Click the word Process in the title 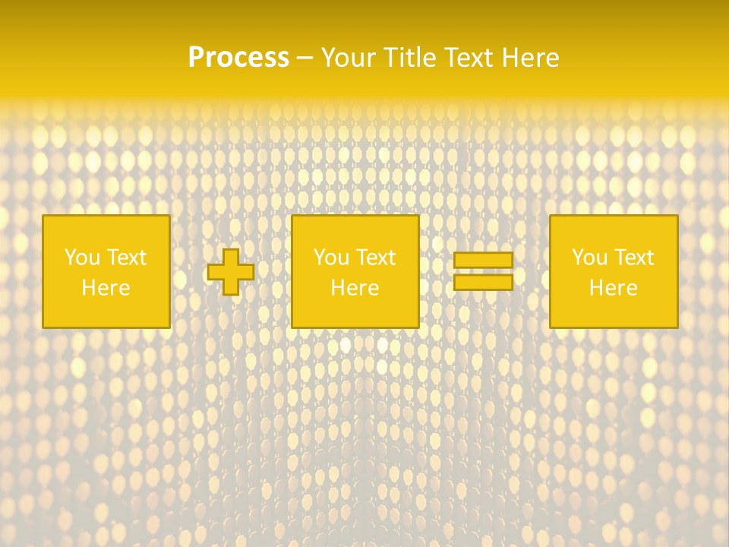point(238,58)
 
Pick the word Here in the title point(531,58)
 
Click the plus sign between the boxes point(231,272)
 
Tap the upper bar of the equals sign point(483,261)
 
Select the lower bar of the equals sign point(483,282)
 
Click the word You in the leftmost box point(82,258)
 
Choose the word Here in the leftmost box point(106,288)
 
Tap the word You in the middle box point(331,258)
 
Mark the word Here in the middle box point(355,288)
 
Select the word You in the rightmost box point(589,258)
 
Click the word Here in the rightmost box point(613,288)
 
